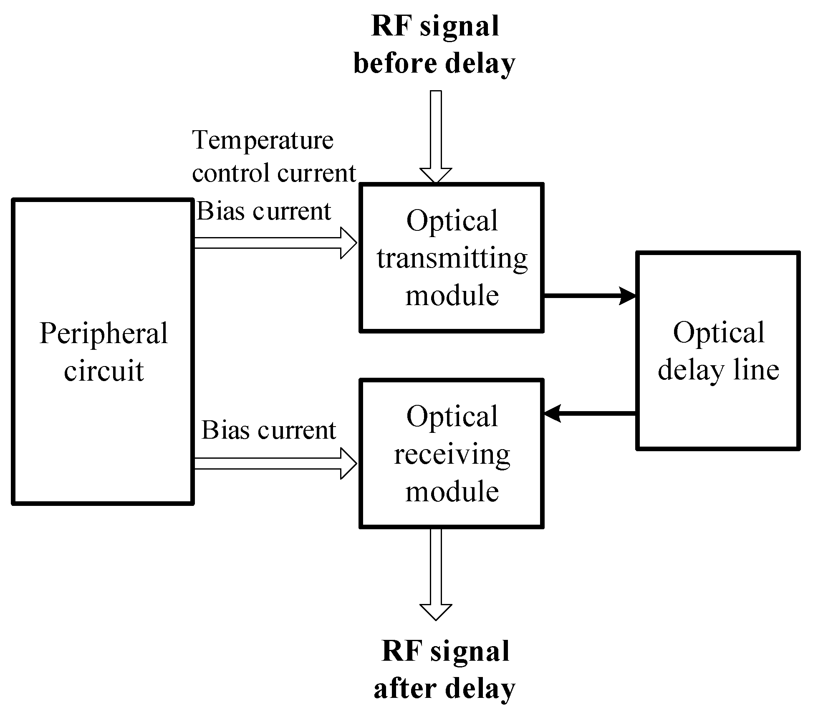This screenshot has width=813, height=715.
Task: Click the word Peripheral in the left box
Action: pos(104,334)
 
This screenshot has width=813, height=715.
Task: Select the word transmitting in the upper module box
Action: pos(452,259)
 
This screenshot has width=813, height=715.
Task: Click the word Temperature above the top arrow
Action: pos(263,141)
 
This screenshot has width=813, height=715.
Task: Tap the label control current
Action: pos(274,173)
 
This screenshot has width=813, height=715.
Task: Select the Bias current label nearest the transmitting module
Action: pos(264,211)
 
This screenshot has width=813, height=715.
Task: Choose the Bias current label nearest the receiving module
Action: pos(269,430)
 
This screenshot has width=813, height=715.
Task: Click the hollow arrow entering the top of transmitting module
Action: pos(436,138)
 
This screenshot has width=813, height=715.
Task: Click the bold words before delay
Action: pos(434,64)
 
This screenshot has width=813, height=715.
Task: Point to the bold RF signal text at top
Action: pos(435,26)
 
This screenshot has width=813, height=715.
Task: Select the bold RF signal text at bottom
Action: pos(445,651)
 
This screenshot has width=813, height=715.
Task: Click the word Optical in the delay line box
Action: pos(719,333)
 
